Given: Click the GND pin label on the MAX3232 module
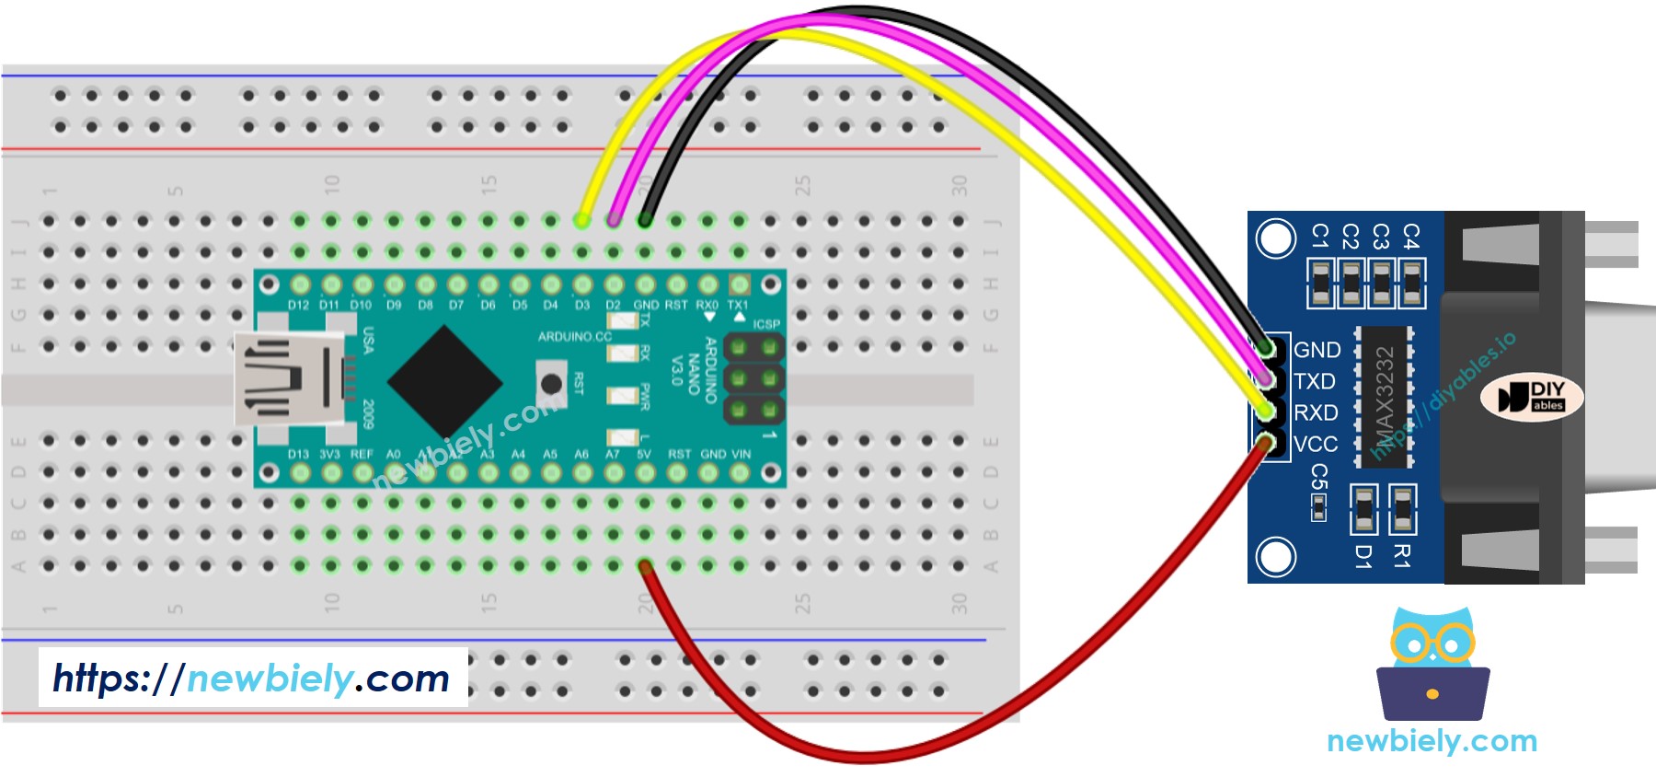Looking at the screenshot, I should click(1317, 350).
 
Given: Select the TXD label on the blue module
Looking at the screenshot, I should click(1314, 381).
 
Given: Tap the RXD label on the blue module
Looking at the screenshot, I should click(1316, 412).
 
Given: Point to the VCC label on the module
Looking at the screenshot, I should click(1316, 444).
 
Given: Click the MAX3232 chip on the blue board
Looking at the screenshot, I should click(1384, 396).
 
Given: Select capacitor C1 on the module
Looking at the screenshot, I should click(1320, 283).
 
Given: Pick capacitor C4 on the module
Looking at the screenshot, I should click(1411, 283).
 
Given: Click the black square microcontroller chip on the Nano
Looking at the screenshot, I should click(445, 381).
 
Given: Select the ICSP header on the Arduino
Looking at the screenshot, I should click(753, 378).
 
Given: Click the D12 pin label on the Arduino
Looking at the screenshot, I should click(298, 305).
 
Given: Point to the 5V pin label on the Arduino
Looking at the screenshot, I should click(644, 454).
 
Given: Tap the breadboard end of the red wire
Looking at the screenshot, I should click(645, 566).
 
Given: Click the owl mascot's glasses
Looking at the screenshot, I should click(1432, 643).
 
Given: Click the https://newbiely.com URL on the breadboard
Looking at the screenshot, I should click(251, 678).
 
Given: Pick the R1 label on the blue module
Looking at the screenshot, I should click(1401, 555).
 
